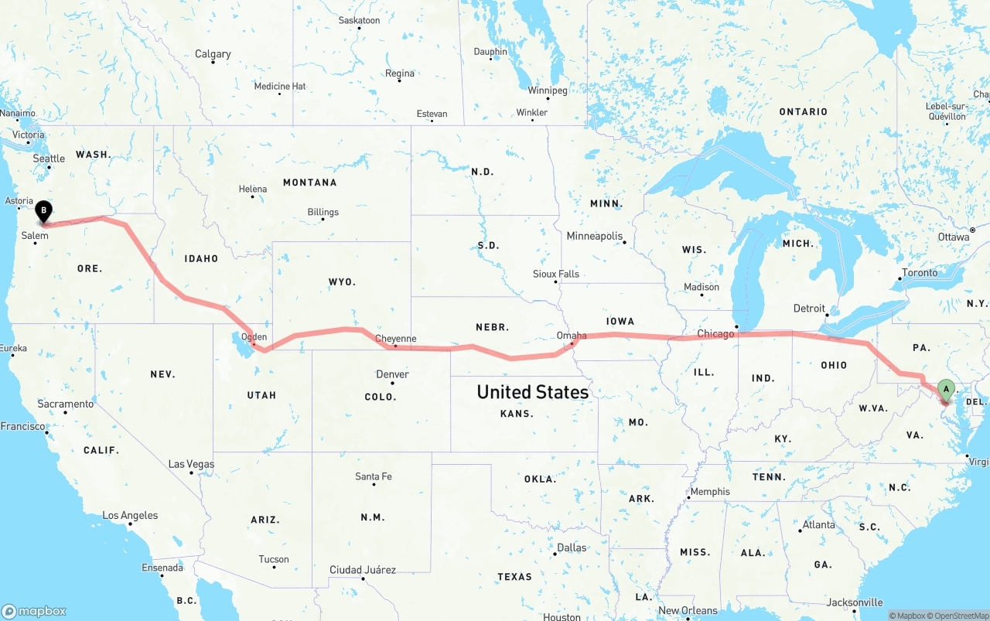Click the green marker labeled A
pyautogui.click(x=945, y=388)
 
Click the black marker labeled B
pyautogui.click(x=44, y=210)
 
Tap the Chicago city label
pyautogui.click(x=715, y=334)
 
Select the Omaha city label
pyautogui.click(x=572, y=336)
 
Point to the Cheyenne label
pyautogui.click(x=395, y=339)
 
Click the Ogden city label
pyautogui.click(x=254, y=336)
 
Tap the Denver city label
pyautogui.click(x=392, y=374)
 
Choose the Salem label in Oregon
pyautogui.click(x=35, y=236)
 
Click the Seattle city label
pyautogui.click(x=49, y=159)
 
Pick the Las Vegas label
pyautogui.click(x=191, y=464)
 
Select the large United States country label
pyautogui.click(x=532, y=392)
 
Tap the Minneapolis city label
pyautogui.click(x=594, y=236)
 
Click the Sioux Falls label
pyautogui.click(x=555, y=274)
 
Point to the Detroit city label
pyautogui.click(x=809, y=309)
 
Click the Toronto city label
pyautogui.click(x=919, y=272)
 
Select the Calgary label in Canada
pyautogui.click(x=213, y=54)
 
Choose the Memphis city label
pyautogui.click(x=709, y=492)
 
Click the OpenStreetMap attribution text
pyautogui.click(x=958, y=616)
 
